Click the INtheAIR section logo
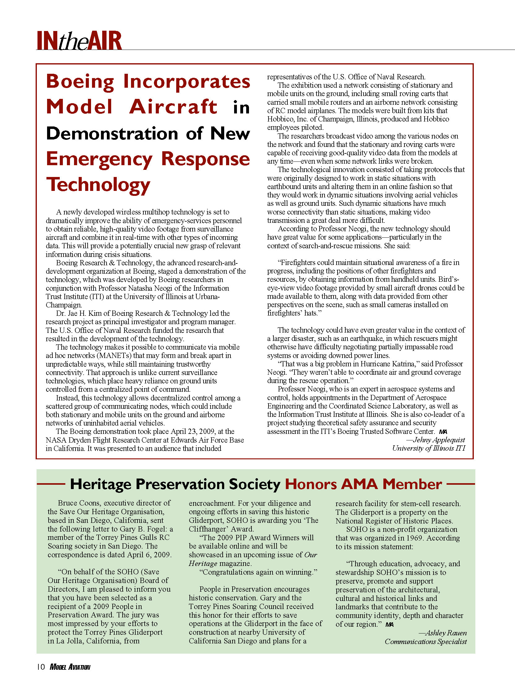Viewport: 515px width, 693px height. click(x=79, y=41)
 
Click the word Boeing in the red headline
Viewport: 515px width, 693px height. click(x=80, y=82)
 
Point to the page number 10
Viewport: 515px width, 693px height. click(x=41, y=667)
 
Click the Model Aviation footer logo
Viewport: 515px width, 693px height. click(x=70, y=667)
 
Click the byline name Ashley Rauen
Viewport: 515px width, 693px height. click(x=446, y=633)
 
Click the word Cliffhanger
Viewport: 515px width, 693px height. click(x=205, y=529)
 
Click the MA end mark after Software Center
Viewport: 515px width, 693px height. click(x=443, y=432)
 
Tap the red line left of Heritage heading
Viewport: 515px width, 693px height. click(x=51, y=484)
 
